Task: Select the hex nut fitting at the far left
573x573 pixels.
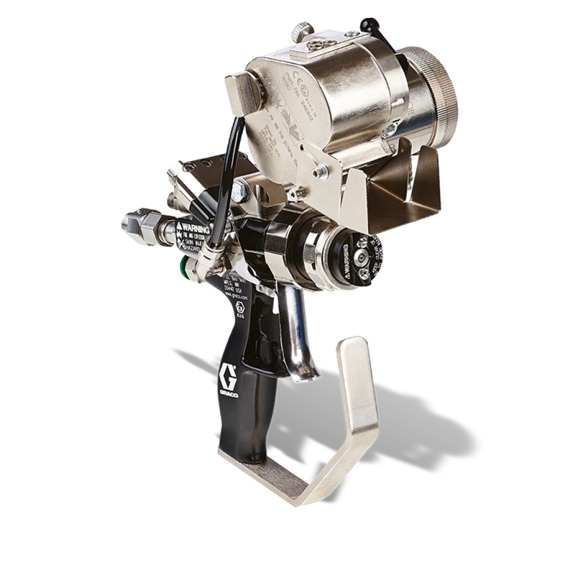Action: point(135,222)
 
